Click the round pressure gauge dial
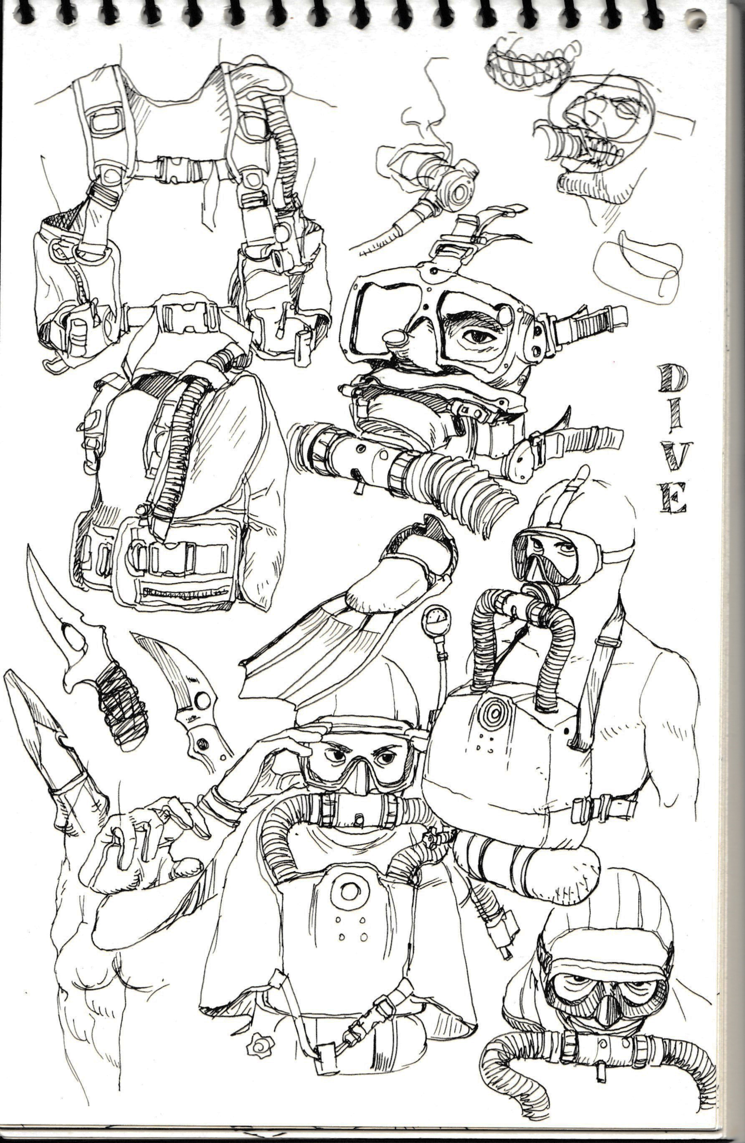click(x=434, y=620)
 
